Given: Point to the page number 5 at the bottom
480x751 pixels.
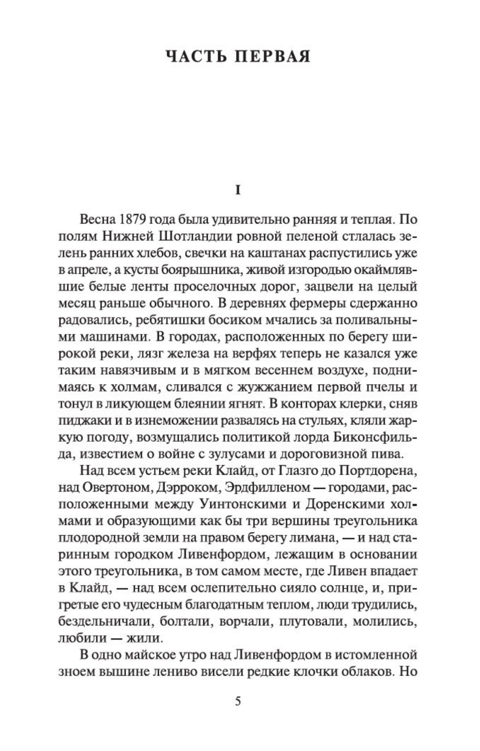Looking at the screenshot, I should pos(238,702).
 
